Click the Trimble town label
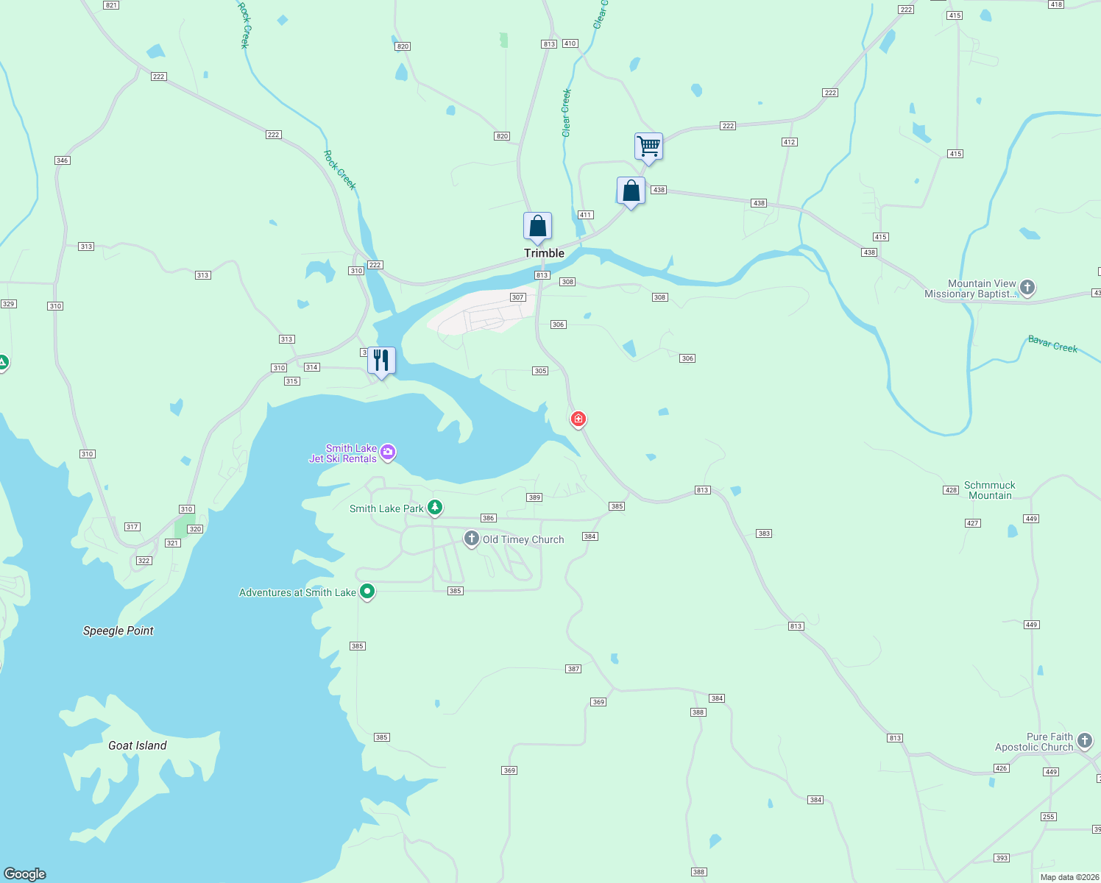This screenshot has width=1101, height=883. tap(544, 253)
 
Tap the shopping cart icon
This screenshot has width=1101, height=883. tap(648, 146)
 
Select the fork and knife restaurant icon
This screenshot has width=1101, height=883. tap(381, 360)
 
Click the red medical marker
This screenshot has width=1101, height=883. tap(578, 419)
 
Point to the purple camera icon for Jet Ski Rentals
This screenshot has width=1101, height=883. tap(388, 452)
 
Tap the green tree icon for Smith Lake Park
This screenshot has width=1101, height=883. tap(435, 507)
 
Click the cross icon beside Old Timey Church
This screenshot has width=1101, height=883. tap(471, 539)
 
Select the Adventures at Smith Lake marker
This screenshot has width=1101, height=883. tap(367, 592)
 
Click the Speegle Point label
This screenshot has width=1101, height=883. tap(118, 631)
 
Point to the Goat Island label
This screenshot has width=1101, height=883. tap(138, 745)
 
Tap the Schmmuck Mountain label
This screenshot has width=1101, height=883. tap(990, 490)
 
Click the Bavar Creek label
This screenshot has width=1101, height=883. tap(1052, 344)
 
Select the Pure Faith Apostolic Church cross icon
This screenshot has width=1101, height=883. tap(1085, 740)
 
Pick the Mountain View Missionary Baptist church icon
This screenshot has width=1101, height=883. tap(1027, 288)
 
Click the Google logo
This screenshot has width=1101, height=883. tap(25, 874)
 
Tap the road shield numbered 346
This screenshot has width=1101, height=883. tap(62, 160)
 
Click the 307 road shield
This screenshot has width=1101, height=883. tap(518, 297)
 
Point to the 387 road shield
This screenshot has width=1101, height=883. tap(573, 669)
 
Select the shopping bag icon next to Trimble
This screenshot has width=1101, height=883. tap(538, 227)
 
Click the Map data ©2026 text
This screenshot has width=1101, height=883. tap(1069, 877)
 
